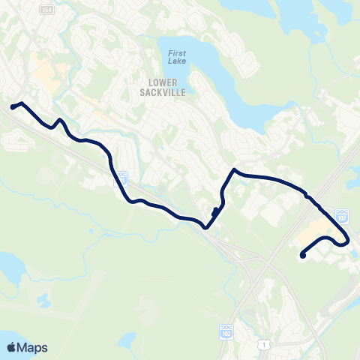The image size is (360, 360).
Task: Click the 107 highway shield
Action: [x=341, y=216]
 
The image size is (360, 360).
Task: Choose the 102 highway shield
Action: [x=226, y=330]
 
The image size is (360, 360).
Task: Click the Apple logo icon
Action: [x=11, y=347]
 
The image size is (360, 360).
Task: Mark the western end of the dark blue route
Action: [x=13, y=107]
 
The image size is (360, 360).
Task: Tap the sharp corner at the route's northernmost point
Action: [x=235, y=169]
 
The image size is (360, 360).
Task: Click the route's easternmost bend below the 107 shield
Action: [x=348, y=241]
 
